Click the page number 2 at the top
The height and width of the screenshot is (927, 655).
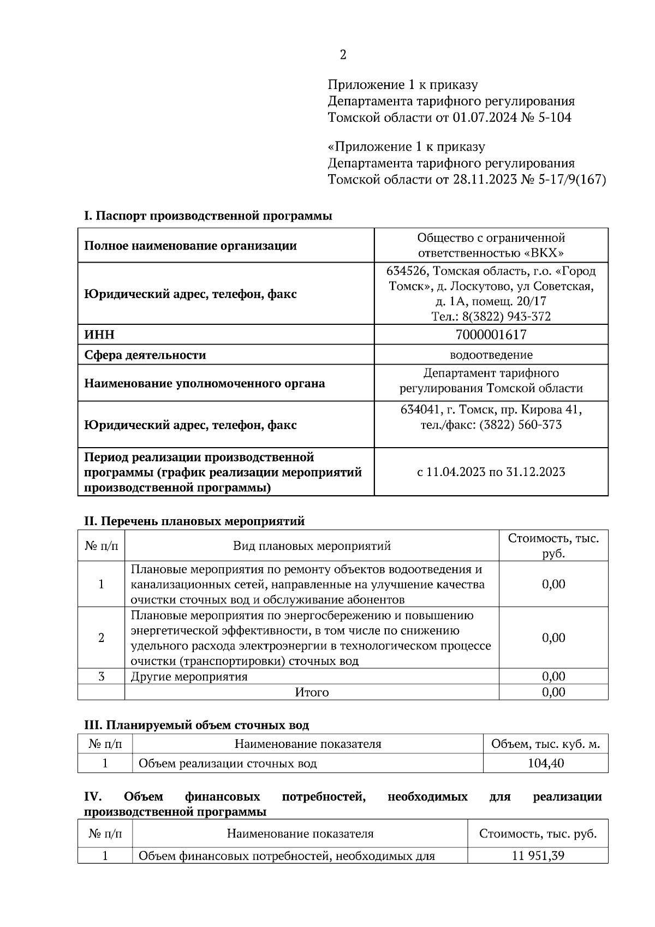coord(343,55)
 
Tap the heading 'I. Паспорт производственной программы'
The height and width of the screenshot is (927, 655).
coord(208,216)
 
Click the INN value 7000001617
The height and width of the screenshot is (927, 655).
coord(491,334)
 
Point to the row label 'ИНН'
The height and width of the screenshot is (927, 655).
coord(99,334)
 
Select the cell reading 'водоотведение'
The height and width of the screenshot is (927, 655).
coord(491,355)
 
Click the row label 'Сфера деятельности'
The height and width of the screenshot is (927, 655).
coord(145,355)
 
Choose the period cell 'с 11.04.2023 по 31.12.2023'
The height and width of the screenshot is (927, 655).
coord(491,472)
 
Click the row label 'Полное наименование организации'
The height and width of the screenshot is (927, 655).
coord(190,245)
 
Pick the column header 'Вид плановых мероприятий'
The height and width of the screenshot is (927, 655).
coord(312,545)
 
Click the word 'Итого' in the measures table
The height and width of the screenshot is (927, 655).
coord(312,692)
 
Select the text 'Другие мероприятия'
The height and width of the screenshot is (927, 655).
coord(189,677)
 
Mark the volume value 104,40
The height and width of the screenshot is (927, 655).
coord(545,763)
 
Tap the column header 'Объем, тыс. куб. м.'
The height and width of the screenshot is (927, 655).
coord(545,744)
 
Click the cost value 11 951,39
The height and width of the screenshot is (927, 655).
coord(538,855)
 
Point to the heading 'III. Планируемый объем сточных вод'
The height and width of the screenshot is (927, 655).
coord(196,725)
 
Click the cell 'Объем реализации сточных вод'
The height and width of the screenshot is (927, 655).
coord(228,763)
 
